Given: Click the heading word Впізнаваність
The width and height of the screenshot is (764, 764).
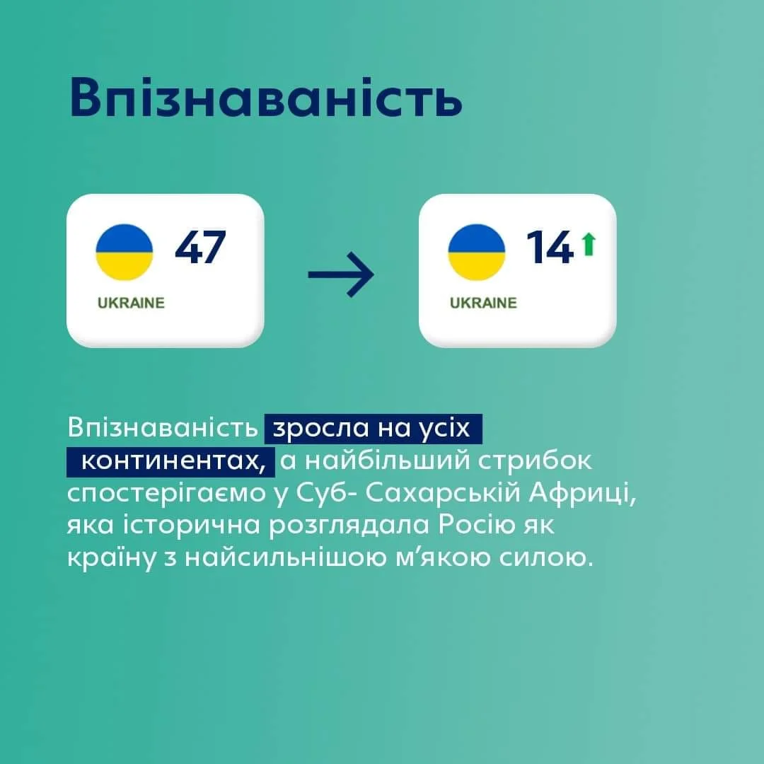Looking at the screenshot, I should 266,98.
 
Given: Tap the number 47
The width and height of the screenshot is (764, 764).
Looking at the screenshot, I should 200,248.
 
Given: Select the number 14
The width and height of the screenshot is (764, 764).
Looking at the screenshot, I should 549,248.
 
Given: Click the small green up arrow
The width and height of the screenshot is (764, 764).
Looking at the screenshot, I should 588,245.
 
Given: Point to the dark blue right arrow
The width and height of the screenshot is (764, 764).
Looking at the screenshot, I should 341,275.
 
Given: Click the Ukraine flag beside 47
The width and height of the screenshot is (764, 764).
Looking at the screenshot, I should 125,253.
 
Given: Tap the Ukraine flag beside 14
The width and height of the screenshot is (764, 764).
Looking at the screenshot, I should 477,253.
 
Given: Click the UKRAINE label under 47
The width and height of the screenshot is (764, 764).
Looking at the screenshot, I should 131,303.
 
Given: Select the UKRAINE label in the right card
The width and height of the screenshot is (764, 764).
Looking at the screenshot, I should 483,303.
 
